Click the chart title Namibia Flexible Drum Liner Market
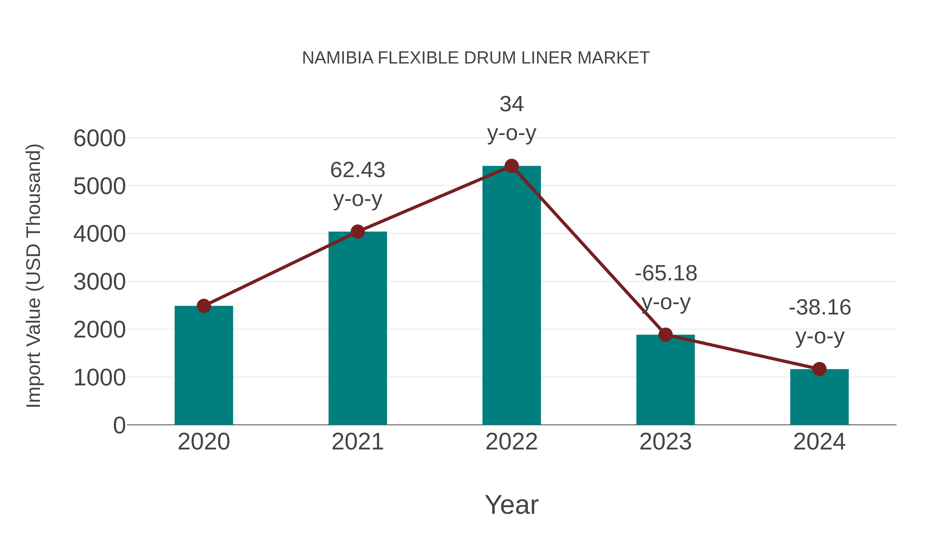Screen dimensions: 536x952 [476, 58]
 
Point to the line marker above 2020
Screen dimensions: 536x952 [204, 306]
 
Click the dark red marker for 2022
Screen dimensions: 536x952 [511, 166]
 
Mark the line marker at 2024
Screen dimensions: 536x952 [819, 369]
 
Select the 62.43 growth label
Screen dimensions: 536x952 [357, 170]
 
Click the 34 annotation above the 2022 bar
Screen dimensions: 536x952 [511, 104]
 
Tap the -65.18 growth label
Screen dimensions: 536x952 [666, 273]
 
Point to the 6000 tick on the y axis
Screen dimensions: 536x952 [99, 138]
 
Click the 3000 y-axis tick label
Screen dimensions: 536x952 [99, 282]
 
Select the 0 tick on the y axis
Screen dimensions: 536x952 [119, 425]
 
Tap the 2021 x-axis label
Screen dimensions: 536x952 [357, 442]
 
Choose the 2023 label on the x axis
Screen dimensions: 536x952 [665, 442]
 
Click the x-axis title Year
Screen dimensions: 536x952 [511, 505]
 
